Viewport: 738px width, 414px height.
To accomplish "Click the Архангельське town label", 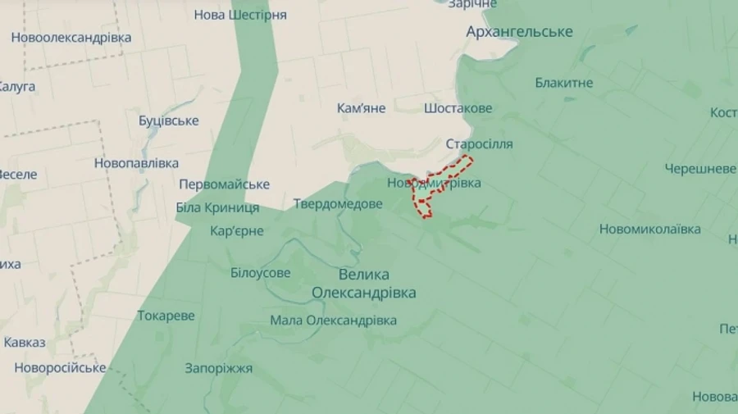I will [519, 32].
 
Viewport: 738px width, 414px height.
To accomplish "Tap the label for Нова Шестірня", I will [240, 16].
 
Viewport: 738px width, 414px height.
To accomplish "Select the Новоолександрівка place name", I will [71, 38].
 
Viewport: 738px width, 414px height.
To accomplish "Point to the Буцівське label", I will [169, 121].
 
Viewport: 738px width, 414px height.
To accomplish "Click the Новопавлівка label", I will [136, 163].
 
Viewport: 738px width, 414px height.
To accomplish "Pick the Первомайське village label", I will [224, 184].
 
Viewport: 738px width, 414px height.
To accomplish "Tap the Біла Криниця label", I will [218, 207].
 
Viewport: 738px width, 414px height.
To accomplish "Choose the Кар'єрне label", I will [237, 231].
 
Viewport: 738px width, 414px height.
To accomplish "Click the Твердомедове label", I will [338, 203].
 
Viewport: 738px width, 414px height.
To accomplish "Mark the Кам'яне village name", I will [361, 108].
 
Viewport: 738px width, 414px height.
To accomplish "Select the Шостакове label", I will [458, 108].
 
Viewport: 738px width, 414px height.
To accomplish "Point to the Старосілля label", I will [480, 144].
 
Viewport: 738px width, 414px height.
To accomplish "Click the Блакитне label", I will [564, 83].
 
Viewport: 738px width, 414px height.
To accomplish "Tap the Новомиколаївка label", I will [650, 230].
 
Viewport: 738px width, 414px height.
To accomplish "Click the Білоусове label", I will [260, 273].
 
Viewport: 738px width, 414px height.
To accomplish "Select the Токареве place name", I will [166, 316].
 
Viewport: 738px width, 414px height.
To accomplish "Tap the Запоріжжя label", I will [219, 368].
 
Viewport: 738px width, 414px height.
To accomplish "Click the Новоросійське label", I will [60, 367].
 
